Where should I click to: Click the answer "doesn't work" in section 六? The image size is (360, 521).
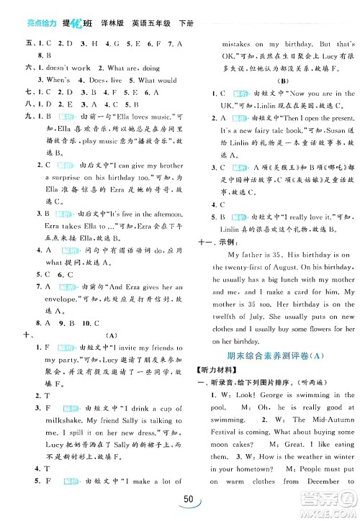click(x=66, y=67)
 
